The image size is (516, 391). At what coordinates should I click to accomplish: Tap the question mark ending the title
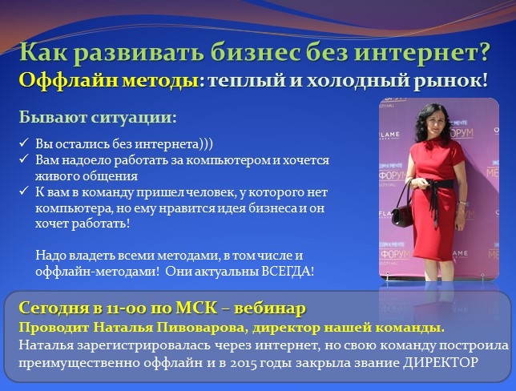(x=483, y=52)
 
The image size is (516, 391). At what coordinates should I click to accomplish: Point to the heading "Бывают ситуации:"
(x=98, y=117)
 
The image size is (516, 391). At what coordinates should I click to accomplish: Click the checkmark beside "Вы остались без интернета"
(x=24, y=143)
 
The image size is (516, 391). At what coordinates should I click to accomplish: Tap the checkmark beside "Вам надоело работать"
(x=24, y=159)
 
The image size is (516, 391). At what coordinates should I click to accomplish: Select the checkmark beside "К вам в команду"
(x=24, y=191)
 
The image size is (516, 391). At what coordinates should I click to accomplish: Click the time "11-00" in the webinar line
(x=127, y=308)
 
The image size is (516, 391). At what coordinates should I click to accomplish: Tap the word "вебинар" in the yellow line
(x=272, y=308)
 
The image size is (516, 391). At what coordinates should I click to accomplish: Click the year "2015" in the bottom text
(x=244, y=363)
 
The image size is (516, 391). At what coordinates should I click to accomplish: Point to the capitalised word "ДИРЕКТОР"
(x=441, y=363)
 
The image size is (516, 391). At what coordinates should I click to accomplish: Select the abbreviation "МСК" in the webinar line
(x=196, y=308)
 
